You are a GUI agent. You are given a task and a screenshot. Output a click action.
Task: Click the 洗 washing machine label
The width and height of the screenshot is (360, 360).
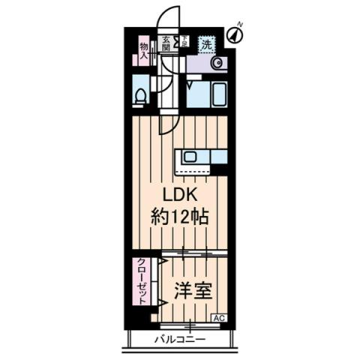pos(206,44)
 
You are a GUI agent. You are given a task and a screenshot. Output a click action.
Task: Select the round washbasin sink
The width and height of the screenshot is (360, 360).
pos(217,64)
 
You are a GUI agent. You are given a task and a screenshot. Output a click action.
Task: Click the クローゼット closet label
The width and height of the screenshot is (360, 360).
pos(141,281)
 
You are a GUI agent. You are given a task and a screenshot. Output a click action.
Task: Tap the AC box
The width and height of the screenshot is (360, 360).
pos(220,318)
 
